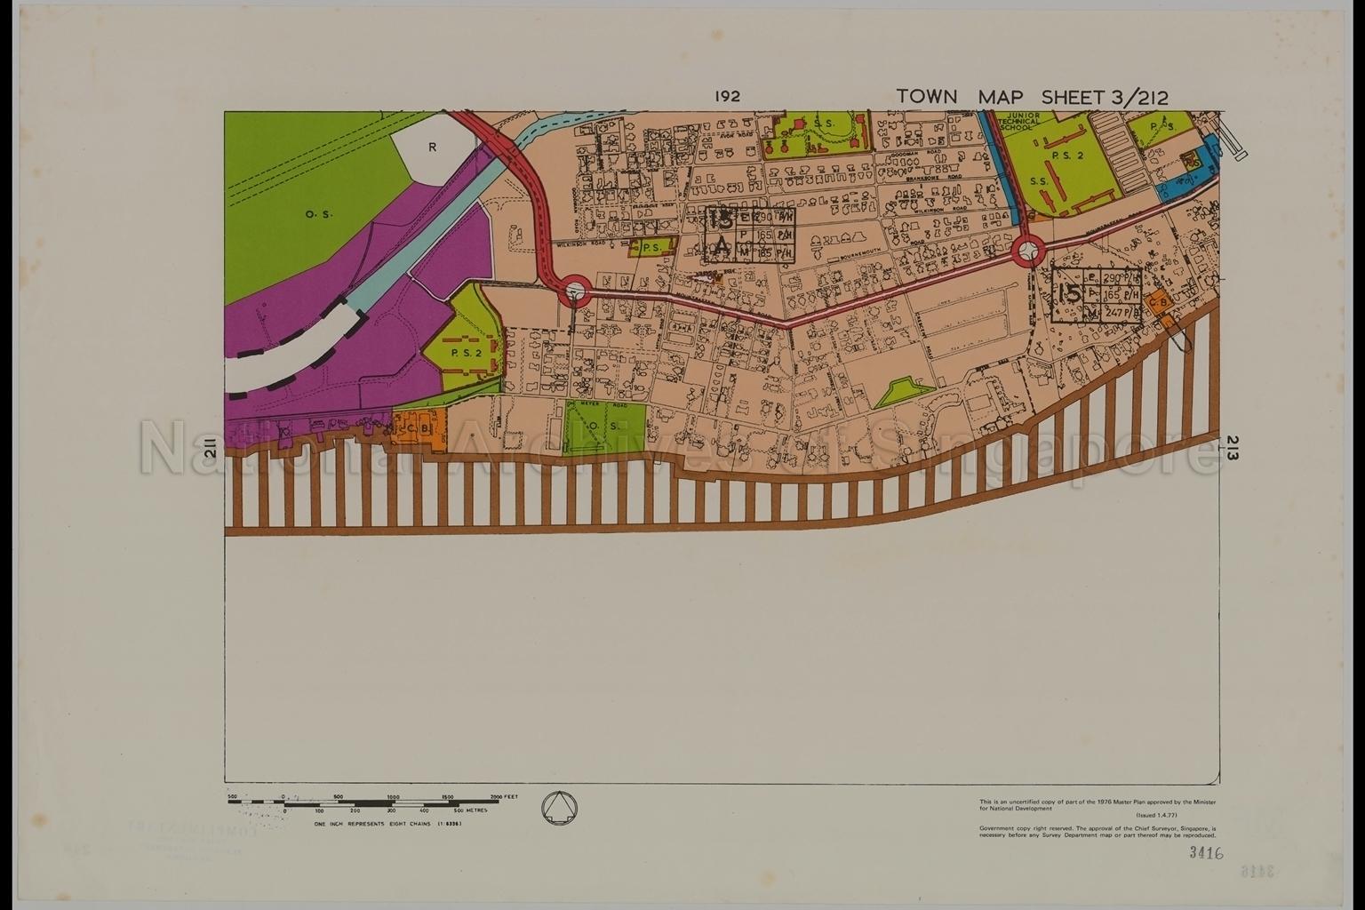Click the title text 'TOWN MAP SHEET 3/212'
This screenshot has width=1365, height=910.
click(1032, 97)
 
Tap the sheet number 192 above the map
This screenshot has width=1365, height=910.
click(727, 97)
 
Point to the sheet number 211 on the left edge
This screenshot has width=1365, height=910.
click(211, 453)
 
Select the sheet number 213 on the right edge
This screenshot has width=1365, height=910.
click(1233, 448)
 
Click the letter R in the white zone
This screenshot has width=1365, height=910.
click(432, 148)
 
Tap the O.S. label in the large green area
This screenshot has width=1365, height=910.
click(314, 214)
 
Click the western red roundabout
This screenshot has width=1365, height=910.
click(575, 289)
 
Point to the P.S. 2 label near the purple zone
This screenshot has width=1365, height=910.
click(465, 351)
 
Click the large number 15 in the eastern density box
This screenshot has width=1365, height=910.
click(1070, 293)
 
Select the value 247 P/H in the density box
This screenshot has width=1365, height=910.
click(1122, 313)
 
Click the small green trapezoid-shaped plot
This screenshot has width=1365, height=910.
click(905, 391)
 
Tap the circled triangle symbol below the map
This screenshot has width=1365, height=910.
click(559, 807)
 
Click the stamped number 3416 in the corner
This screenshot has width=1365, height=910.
click(1207, 854)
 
